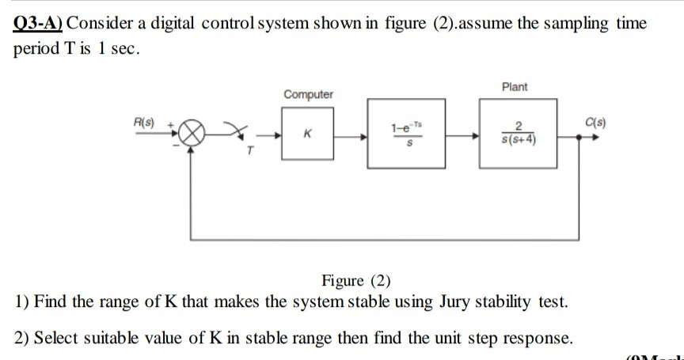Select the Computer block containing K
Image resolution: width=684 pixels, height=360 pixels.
309,136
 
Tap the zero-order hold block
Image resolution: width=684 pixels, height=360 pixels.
411,136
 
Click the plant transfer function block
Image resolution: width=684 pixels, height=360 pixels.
517,136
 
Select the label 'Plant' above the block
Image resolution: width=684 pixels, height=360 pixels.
515,86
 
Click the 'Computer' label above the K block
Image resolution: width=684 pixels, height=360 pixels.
309,95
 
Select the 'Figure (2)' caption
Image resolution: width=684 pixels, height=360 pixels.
355,281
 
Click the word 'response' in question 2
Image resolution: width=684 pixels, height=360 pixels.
536,339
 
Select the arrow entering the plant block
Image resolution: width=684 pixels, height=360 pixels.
473,136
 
